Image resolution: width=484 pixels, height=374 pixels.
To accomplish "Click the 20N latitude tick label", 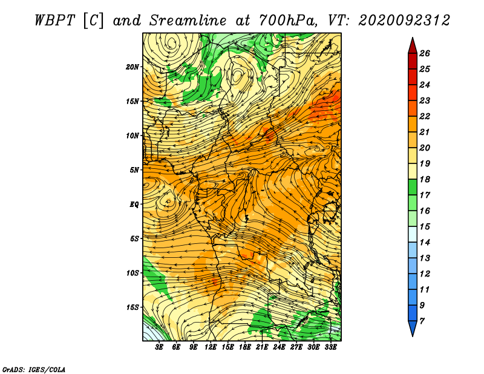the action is (132, 67).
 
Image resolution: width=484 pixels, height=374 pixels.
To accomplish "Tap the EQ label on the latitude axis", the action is (134, 205).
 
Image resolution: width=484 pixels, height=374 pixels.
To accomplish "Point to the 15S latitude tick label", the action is (132, 307).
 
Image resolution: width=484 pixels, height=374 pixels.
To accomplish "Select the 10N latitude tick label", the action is (132, 136).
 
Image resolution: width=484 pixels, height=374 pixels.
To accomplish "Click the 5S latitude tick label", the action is (134, 238).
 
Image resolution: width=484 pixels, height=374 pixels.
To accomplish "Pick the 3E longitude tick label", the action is (159, 347).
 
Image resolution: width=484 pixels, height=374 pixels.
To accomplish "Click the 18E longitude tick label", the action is (245, 347).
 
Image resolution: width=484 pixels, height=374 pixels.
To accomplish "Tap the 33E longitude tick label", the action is (330, 347).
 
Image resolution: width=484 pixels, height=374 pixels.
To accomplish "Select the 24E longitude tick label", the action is (279, 347).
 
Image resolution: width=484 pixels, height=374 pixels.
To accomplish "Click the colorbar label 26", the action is (425, 53).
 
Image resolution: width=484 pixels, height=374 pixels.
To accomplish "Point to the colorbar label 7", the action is (422, 321).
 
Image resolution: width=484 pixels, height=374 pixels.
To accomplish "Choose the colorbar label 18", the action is (425, 179).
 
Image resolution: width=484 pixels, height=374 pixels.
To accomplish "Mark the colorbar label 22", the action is (425, 116).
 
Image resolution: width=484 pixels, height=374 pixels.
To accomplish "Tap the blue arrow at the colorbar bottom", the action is (413, 327).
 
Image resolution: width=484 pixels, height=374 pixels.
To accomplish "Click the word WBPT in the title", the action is (54, 21).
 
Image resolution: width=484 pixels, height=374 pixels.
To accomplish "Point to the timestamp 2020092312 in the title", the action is (404, 21).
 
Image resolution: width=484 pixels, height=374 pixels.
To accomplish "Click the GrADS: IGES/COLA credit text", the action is (34, 370).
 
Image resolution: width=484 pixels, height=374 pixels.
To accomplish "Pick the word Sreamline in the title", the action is (188, 21).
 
